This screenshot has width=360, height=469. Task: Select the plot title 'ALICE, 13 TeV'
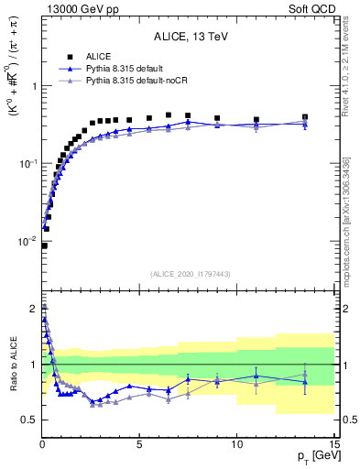189,38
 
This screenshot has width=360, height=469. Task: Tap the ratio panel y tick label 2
32,309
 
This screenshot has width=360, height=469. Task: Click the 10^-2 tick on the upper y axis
27,241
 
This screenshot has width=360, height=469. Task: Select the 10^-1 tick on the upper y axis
27,163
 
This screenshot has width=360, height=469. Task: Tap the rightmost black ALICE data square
304,117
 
